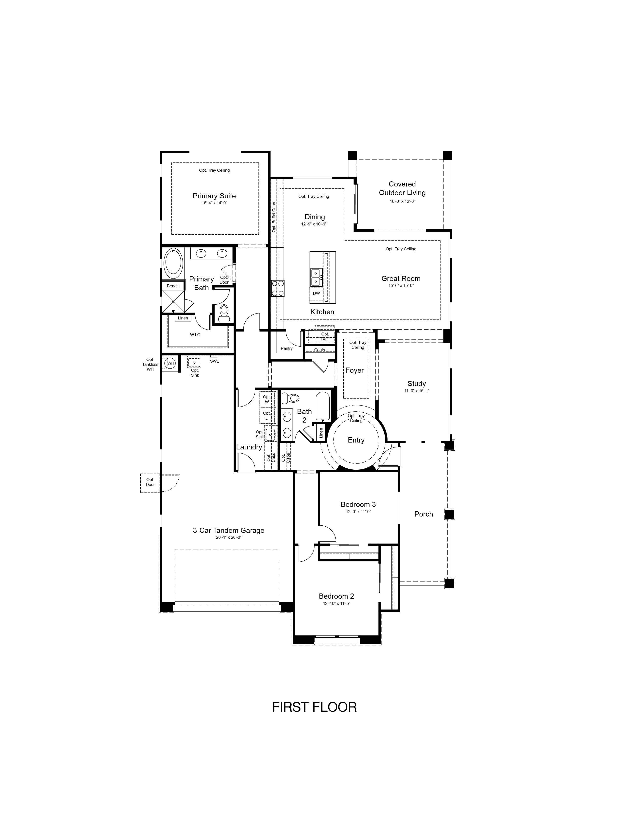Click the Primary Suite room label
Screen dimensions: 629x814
pyautogui.click(x=214, y=196)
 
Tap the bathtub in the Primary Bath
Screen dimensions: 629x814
pyautogui.click(x=173, y=263)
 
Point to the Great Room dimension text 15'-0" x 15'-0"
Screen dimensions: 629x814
pyautogui.click(x=401, y=285)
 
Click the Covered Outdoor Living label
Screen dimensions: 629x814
pyautogui.click(x=402, y=188)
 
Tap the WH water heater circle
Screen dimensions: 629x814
pyautogui.click(x=170, y=363)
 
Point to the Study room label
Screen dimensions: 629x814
pyautogui.click(x=417, y=384)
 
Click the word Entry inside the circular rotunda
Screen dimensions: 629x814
pyautogui.click(x=356, y=440)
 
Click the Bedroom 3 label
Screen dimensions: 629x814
pyautogui.click(x=358, y=504)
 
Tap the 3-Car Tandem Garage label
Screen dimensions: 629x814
pyautogui.click(x=228, y=530)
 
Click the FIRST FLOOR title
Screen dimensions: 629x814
pyautogui.click(x=314, y=707)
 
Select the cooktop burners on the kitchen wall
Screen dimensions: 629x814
pyautogui.click(x=277, y=288)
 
